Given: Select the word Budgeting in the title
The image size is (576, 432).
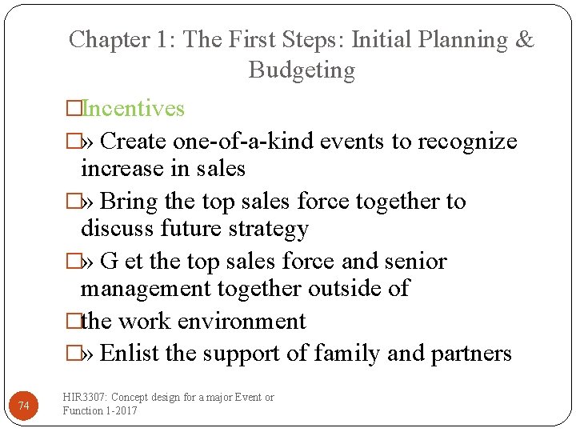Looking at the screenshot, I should [302, 70].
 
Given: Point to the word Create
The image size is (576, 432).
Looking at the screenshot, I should [134, 142].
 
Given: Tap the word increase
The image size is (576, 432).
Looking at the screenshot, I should [119, 169].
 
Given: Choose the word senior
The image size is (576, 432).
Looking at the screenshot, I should [415, 262].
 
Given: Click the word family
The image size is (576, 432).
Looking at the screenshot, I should [348, 354].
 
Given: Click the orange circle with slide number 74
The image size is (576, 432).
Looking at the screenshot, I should [24, 407].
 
